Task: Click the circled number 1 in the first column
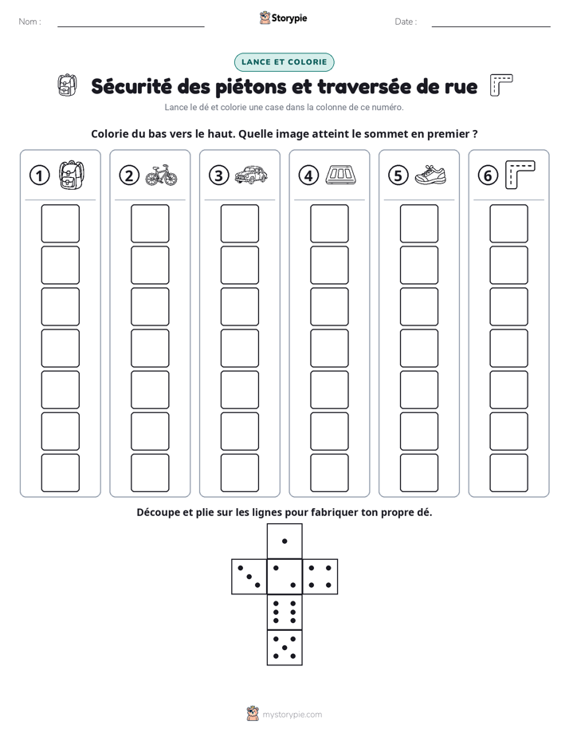point(39,175)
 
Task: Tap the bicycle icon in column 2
point(162,175)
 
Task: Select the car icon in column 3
point(251,175)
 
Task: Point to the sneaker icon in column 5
point(430,175)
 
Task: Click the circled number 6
point(488,175)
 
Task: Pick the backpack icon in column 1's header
point(72,175)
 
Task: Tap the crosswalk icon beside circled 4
point(341,175)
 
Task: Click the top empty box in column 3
point(239,223)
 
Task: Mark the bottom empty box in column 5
point(418,473)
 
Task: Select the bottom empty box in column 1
point(60,473)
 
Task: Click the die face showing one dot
point(284,542)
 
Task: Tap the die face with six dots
point(284,612)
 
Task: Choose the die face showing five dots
point(284,648)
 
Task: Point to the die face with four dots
point(320,577)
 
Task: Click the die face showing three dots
point(249,577)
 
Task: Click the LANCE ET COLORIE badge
point(284,62)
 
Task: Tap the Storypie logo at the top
point(283,18)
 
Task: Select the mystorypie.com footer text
point(292,715)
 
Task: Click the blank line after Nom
point(131,26)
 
